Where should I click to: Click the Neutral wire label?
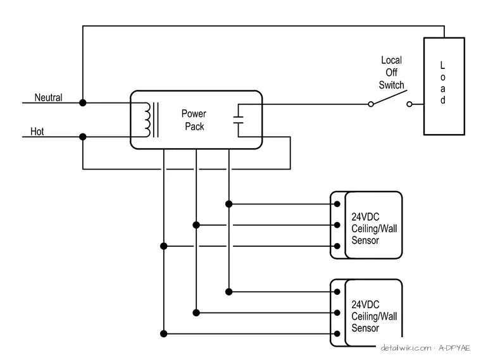coord(48,97)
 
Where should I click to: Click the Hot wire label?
coord(37,132)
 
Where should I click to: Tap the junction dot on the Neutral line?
coord(82,102)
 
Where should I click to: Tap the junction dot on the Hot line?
coord(82,137)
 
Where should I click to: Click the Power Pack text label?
coord(194,120)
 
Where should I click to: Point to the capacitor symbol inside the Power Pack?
coord(239,120)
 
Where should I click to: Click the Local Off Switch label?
coord(391,72)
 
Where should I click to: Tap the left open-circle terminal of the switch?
coord(371,104)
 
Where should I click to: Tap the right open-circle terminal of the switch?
coord(409,104)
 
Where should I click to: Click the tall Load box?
coord(444,86)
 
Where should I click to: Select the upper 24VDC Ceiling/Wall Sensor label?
coord(374,228)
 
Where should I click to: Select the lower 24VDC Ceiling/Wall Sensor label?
coord(374,316)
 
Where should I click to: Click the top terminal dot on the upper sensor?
coord(337,204)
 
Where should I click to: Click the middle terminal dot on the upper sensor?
coord(337,225)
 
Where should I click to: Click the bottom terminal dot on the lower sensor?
coord(337,333)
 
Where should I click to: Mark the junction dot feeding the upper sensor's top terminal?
coord(229,204)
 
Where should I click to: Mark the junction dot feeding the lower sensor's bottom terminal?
coord(164,333)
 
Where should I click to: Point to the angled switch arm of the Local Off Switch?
coord(389,97)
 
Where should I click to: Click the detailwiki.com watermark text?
coord(425,348)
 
